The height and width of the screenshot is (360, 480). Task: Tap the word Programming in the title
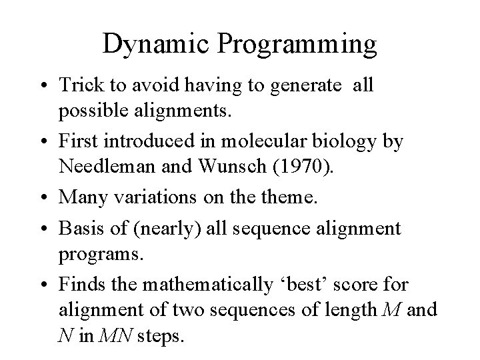pos(297,45)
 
